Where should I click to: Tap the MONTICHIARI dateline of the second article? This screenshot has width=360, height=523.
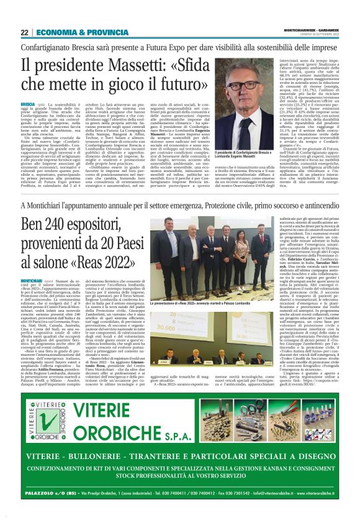(34, 281)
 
